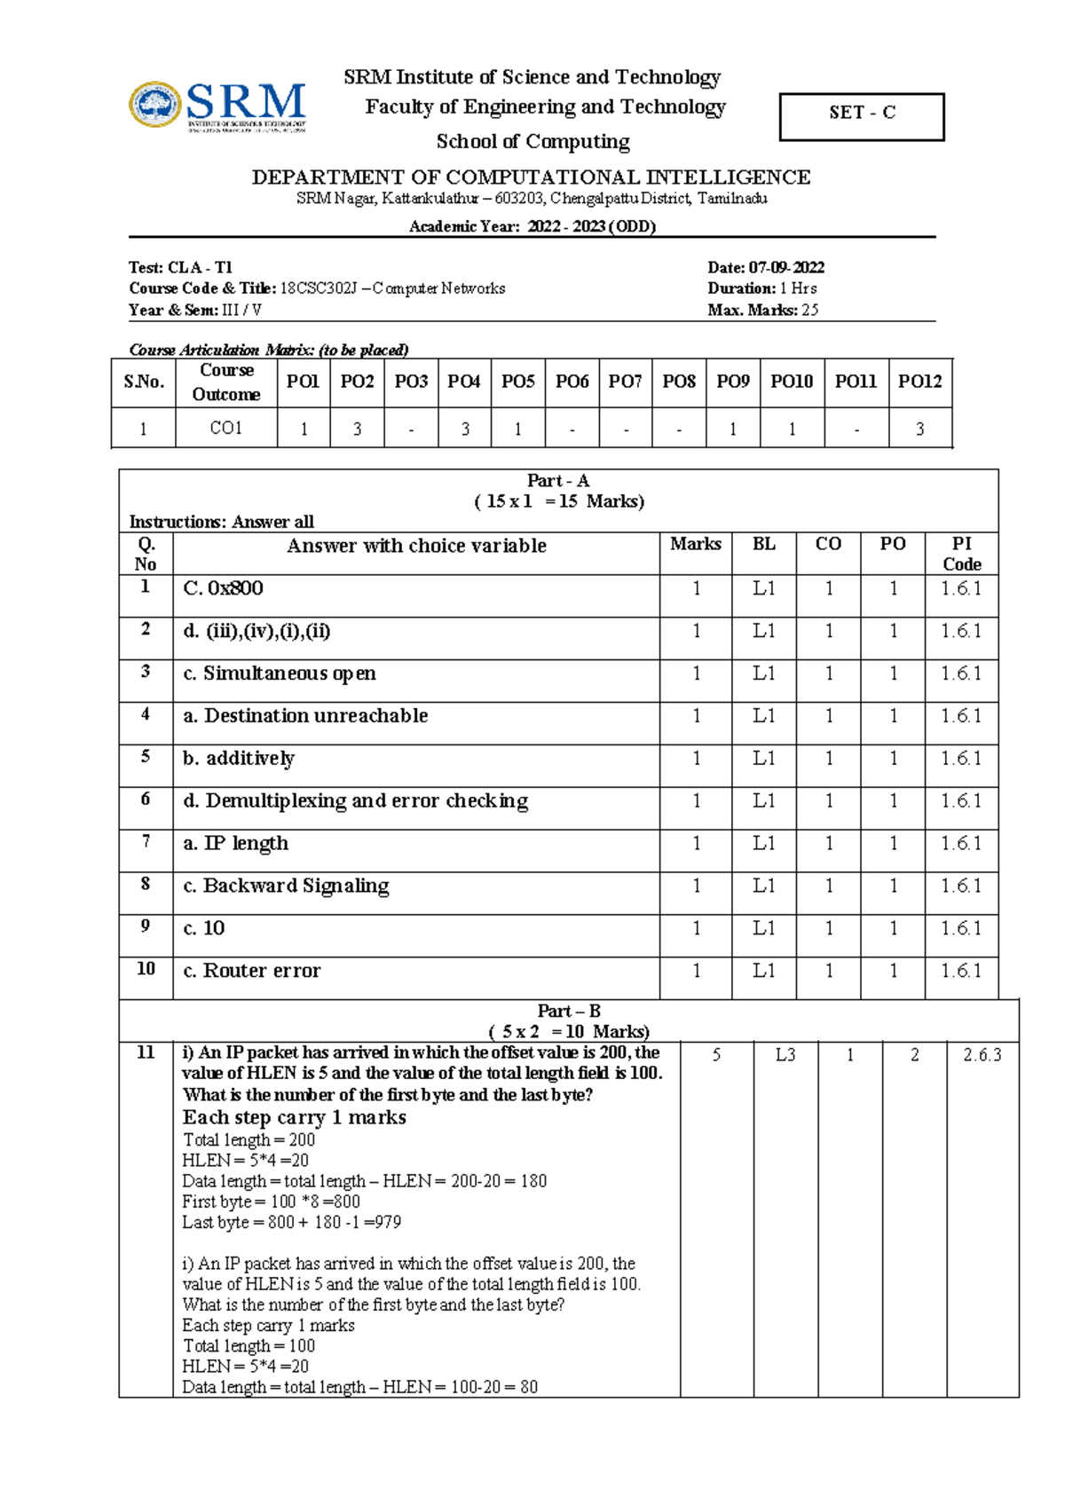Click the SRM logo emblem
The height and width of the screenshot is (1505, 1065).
point(155,105)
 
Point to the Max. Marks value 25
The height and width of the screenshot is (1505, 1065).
point(809,310)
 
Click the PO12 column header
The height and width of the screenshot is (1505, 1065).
point(919,382)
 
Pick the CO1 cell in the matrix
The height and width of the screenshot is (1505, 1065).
point(226,429)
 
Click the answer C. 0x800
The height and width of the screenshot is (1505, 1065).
point(223,588)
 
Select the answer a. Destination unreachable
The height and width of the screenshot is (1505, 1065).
point(305,716)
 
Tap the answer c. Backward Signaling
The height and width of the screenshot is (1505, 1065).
point(286,886)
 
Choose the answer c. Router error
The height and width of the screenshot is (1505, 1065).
point(252,971)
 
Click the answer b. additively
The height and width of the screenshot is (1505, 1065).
point(239,759)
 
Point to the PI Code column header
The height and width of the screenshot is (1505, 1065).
point(961,554)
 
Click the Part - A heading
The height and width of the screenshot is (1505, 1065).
point(557,481)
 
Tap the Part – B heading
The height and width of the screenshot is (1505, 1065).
point(568,1011)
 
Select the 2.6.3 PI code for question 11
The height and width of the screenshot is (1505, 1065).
point(982,1055)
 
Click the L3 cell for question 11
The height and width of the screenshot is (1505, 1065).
point(785,1055)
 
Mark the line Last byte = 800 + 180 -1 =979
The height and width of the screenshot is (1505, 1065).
point(291,1222)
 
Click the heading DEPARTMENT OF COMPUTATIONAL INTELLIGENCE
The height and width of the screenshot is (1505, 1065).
point(531,177)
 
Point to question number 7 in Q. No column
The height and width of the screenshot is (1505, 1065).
point(146,841)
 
